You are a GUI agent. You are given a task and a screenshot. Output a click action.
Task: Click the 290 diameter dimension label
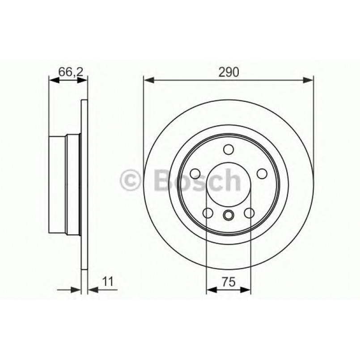228,71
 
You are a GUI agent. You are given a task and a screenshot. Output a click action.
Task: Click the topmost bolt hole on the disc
229,149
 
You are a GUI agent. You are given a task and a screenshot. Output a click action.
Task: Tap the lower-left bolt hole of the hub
208,213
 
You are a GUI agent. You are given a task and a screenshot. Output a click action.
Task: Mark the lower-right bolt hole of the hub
250,213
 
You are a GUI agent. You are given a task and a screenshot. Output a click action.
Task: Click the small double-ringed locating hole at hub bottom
229,215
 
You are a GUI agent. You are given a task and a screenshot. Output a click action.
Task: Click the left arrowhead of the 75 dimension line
211,290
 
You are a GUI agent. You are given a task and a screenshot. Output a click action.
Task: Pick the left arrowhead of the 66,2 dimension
53,80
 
